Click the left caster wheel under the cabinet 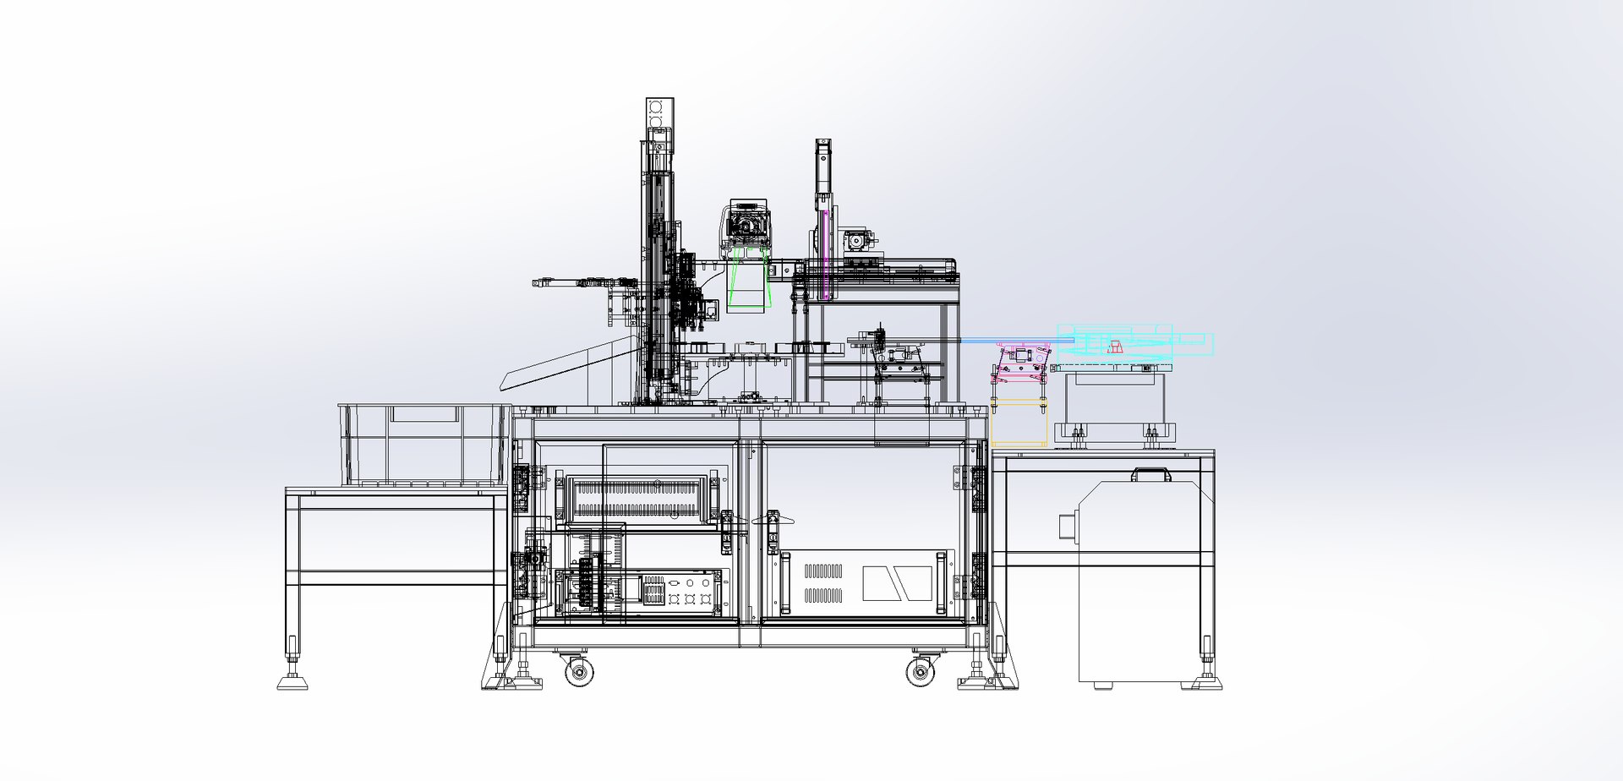pos(579,673)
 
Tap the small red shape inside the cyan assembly pos(1117,345)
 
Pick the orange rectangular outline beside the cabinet pos(1019,423)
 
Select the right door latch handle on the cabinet pos(773,524)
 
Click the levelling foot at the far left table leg pos(292,680)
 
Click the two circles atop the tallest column pos(657,114)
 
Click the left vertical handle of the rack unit pos(784,583)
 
